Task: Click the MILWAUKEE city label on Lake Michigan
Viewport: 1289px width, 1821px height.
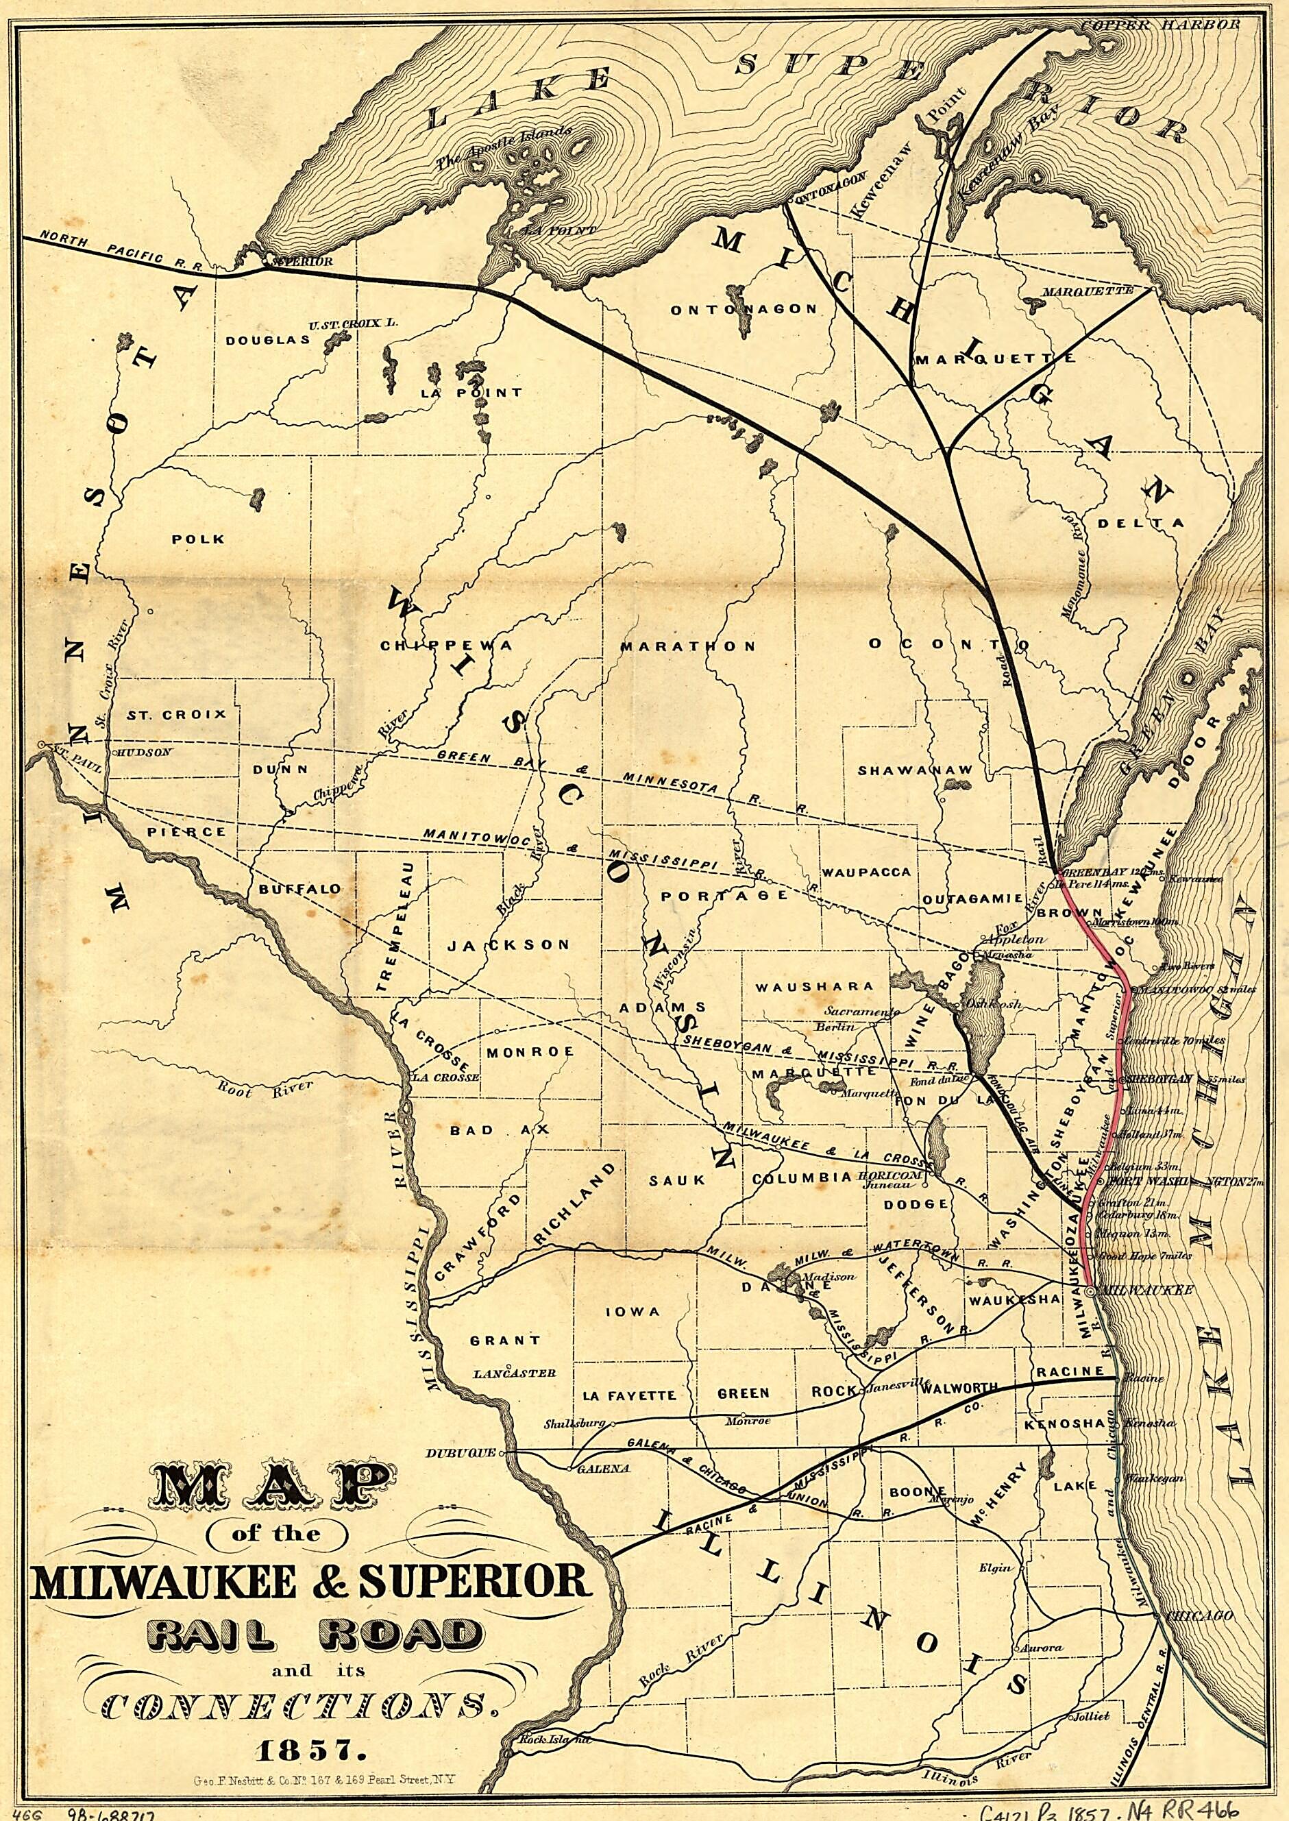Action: [1145, 1291]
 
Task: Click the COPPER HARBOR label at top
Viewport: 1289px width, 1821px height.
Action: [1160, 25]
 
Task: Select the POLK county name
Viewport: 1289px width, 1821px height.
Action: [199, 539]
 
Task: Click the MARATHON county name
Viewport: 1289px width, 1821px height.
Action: [687, 646]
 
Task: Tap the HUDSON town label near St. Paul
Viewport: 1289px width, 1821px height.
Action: [145, 753]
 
